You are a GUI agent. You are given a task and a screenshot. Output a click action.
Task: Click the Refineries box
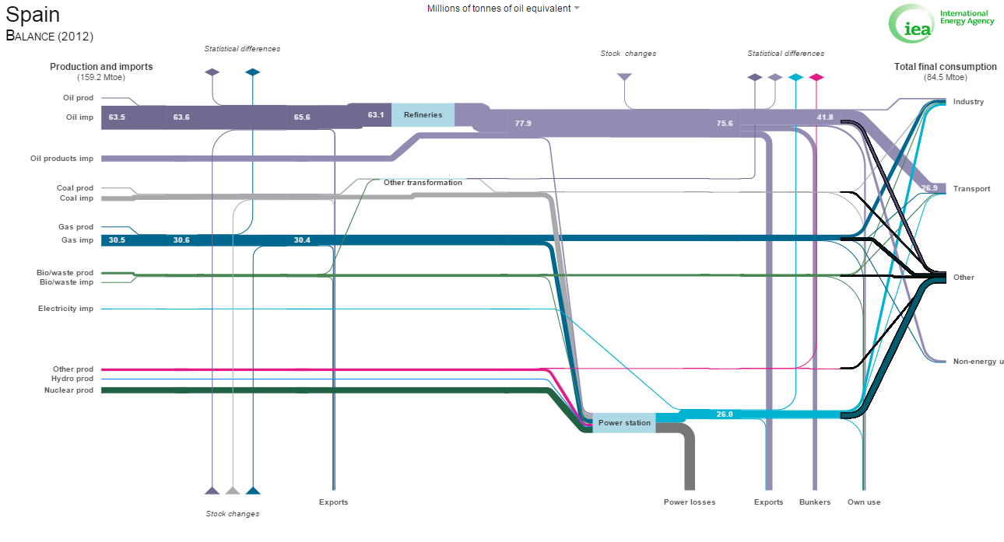point(423,114)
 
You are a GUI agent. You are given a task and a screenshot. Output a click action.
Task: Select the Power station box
point(624,423)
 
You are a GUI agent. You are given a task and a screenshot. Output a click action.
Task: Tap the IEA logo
point(941,23)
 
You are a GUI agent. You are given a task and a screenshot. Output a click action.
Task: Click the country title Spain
point(33,14)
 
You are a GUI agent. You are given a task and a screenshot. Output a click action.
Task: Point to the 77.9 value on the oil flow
point(523,123)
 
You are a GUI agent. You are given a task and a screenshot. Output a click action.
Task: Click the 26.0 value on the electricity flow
point(725,414)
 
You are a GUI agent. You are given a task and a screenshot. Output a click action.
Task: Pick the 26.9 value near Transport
point(929,188)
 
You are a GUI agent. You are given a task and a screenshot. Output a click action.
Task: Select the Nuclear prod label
point(68,390)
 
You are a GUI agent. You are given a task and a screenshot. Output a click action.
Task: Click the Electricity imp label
point(65,309)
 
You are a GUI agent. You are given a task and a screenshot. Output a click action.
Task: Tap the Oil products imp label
point(61,159)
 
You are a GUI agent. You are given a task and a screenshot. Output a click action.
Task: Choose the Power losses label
point(690,502)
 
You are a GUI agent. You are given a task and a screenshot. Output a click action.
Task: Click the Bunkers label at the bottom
point(815,502)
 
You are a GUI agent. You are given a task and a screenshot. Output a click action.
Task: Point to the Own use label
point(864,502)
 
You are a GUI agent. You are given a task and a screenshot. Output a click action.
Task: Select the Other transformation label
point(423,183)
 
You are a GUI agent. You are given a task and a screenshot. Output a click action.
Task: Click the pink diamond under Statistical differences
point(816,78)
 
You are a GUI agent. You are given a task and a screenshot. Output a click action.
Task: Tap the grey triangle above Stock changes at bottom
point(233,491)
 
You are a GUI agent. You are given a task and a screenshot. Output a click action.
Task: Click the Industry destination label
point(968,102)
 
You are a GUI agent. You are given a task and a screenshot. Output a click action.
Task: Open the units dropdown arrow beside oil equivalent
point(577,8)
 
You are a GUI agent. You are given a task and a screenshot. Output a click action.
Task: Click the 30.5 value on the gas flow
point(117,240)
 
